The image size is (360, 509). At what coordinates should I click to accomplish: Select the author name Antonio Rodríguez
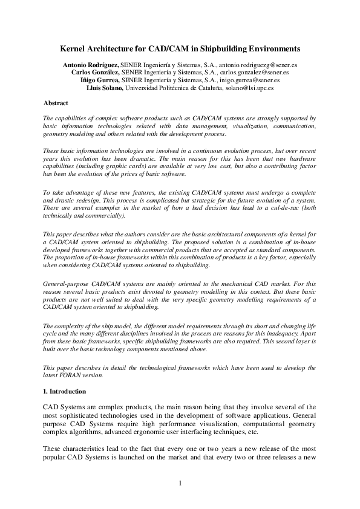[91, 63]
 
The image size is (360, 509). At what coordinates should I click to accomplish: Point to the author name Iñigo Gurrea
[100, 79]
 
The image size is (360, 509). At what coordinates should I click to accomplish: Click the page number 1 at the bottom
[180, 483]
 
